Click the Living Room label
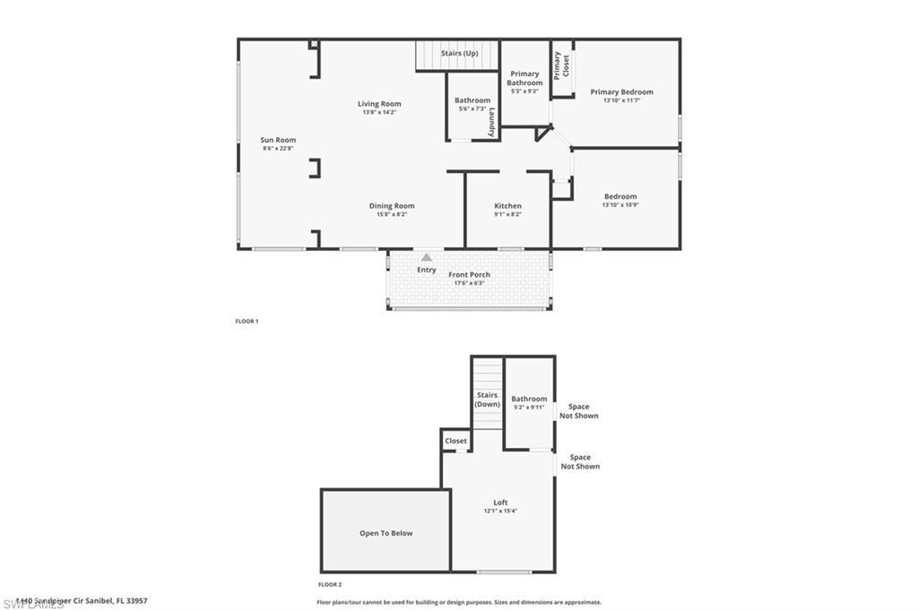[379, 104]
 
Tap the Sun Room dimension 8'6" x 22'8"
[279, 149]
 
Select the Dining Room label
[392, 206]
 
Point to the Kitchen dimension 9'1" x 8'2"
[507, 215]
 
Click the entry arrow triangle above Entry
[427, 257]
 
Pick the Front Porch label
[469, 274]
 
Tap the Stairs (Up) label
[459, 54]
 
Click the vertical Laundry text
[492, 123]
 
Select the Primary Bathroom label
[524, 78]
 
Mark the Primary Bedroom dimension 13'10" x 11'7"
[621, 100]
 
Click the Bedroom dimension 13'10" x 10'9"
[620, 205]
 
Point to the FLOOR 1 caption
[247, 321]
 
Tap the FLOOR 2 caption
[330, 584]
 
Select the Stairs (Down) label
[487, 400]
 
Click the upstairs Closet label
[455, 441]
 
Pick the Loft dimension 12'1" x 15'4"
[500, 512]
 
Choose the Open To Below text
[386, 533]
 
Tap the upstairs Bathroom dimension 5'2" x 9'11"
[529, 408]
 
